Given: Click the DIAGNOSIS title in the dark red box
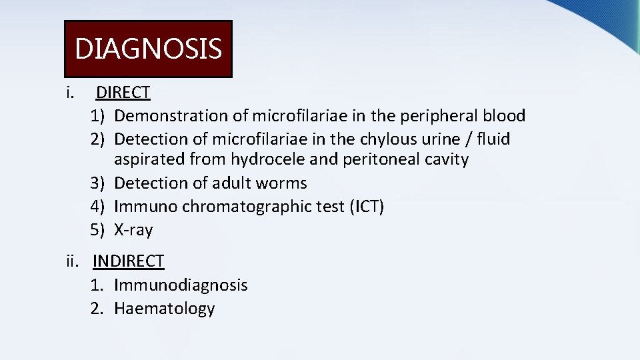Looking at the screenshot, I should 148,49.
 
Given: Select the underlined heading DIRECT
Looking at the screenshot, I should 123,93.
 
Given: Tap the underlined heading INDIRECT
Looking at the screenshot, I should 128,261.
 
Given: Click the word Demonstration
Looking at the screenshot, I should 171,116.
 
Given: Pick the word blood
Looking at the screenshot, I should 504,116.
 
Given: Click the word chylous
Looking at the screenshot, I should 361,139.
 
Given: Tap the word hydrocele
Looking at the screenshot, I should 264,159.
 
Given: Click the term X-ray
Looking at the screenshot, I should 133,230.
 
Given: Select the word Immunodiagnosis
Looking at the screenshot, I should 181,285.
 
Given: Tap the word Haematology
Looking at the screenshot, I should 164,309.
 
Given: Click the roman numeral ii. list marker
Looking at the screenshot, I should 73,261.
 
